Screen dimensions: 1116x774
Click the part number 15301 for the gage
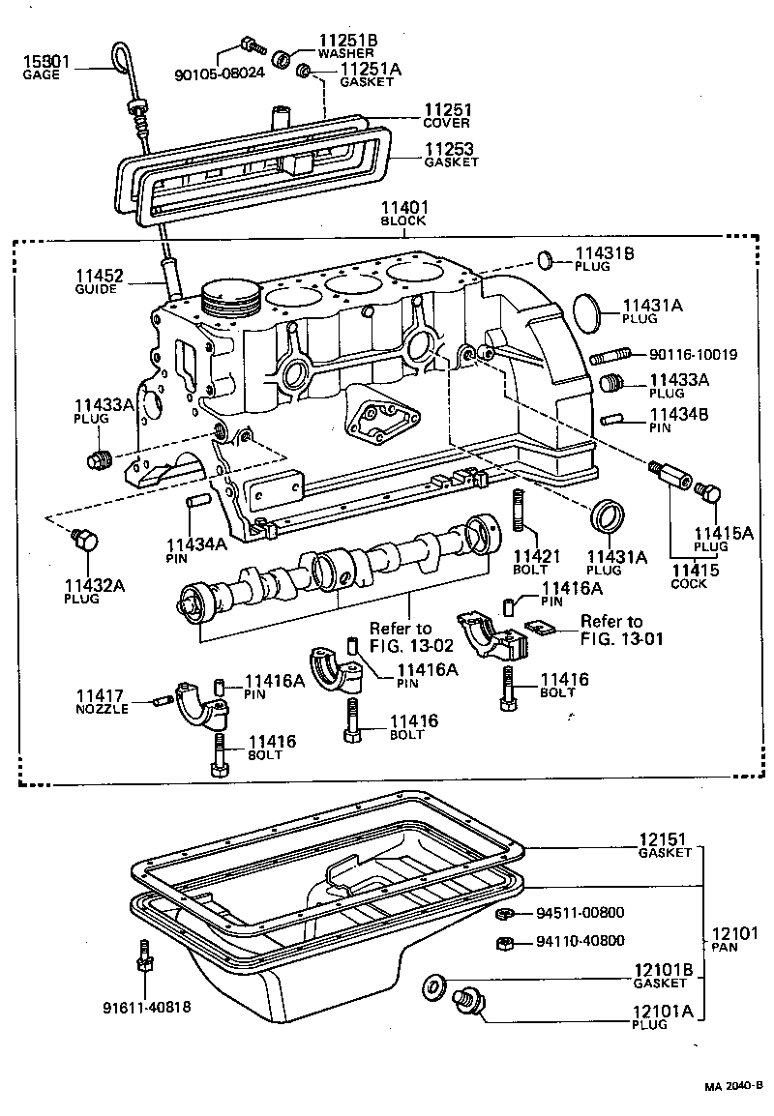pyautogui.click(x=46, y=62)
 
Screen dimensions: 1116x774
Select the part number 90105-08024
pyautogui.click(x=219, y=73)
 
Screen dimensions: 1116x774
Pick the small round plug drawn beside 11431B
pyautogui.click(x=545, y=259)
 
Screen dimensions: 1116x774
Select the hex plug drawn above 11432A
pyautogui.click(x=83, y=539)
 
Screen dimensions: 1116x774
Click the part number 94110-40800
pyautogui.click(x=580, y=940)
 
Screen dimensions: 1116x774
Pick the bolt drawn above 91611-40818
pyautogui.click(x=144, y=957)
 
